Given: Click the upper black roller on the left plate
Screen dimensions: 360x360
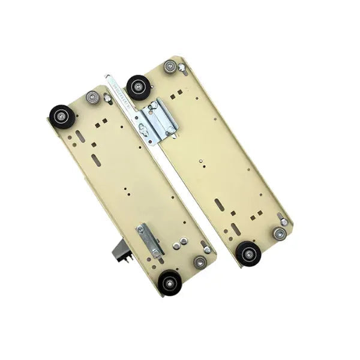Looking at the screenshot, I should click(x=62, y=116).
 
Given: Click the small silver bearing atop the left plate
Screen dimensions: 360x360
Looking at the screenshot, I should click(x=92, y=97).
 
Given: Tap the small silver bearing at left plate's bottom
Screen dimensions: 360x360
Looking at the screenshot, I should click(x=200, y=262).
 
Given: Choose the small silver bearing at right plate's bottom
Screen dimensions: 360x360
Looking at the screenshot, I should click(x=279, y=233).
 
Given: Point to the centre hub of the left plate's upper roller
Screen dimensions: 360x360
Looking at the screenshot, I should click(x=62, y=116).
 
